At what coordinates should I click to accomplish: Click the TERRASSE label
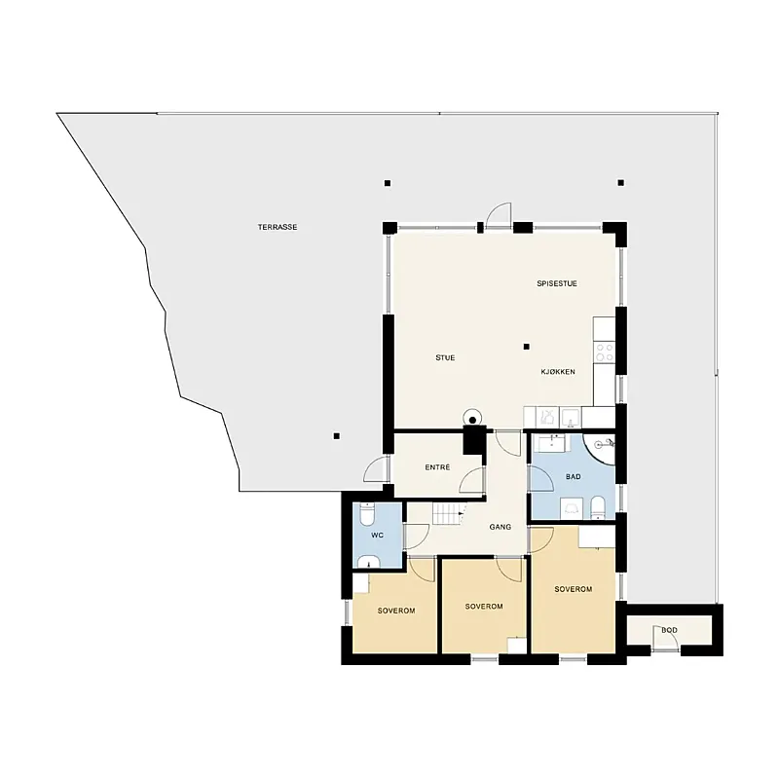point(278,227)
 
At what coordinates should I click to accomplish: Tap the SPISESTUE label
point(557,283)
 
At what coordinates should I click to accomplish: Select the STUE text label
point(445,357)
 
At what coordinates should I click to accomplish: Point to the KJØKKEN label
point(558,372)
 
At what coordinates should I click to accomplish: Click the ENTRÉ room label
point(437,467)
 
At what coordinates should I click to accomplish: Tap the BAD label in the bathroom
point(573,476)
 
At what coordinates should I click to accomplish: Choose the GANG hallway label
point(501,527)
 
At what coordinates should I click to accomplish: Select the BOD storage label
point(669,630)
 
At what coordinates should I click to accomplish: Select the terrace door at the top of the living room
point(499,215)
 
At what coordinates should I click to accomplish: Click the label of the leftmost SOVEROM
point(396,611)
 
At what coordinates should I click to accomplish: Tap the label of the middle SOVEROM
point(484,606)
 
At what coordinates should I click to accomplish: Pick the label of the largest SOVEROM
point(574,589)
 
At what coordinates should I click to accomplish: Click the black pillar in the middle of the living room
point(527,345)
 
